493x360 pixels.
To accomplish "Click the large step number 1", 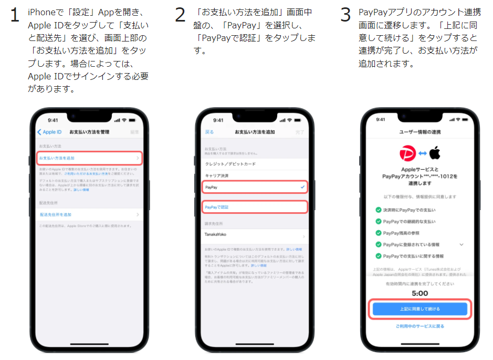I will pos(15,15).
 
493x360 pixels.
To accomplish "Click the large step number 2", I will pos(180,15).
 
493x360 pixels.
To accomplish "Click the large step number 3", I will pos(345,15).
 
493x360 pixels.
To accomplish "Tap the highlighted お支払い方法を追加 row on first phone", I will pos(89,158).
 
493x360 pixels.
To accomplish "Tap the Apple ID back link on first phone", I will pos(50,132).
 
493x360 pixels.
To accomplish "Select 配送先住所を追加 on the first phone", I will pos(56,214).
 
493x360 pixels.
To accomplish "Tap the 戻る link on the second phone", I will pos(209,132).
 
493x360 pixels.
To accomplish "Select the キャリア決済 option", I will pos(216,175).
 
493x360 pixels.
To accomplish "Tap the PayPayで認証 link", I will pos(216,207).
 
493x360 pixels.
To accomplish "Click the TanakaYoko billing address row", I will pos(216,234).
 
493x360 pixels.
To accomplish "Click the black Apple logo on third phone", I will pos(434,153).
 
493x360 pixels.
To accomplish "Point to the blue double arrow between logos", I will pos(422,153).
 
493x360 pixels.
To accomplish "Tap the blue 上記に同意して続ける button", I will pos(419,308).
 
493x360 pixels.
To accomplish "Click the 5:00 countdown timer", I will pos(419,293).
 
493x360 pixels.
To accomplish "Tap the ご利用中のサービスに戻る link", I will pos(419,326).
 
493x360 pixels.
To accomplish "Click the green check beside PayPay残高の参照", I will pos(378,233).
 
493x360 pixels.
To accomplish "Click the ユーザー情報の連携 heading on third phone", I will pos(419,131).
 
